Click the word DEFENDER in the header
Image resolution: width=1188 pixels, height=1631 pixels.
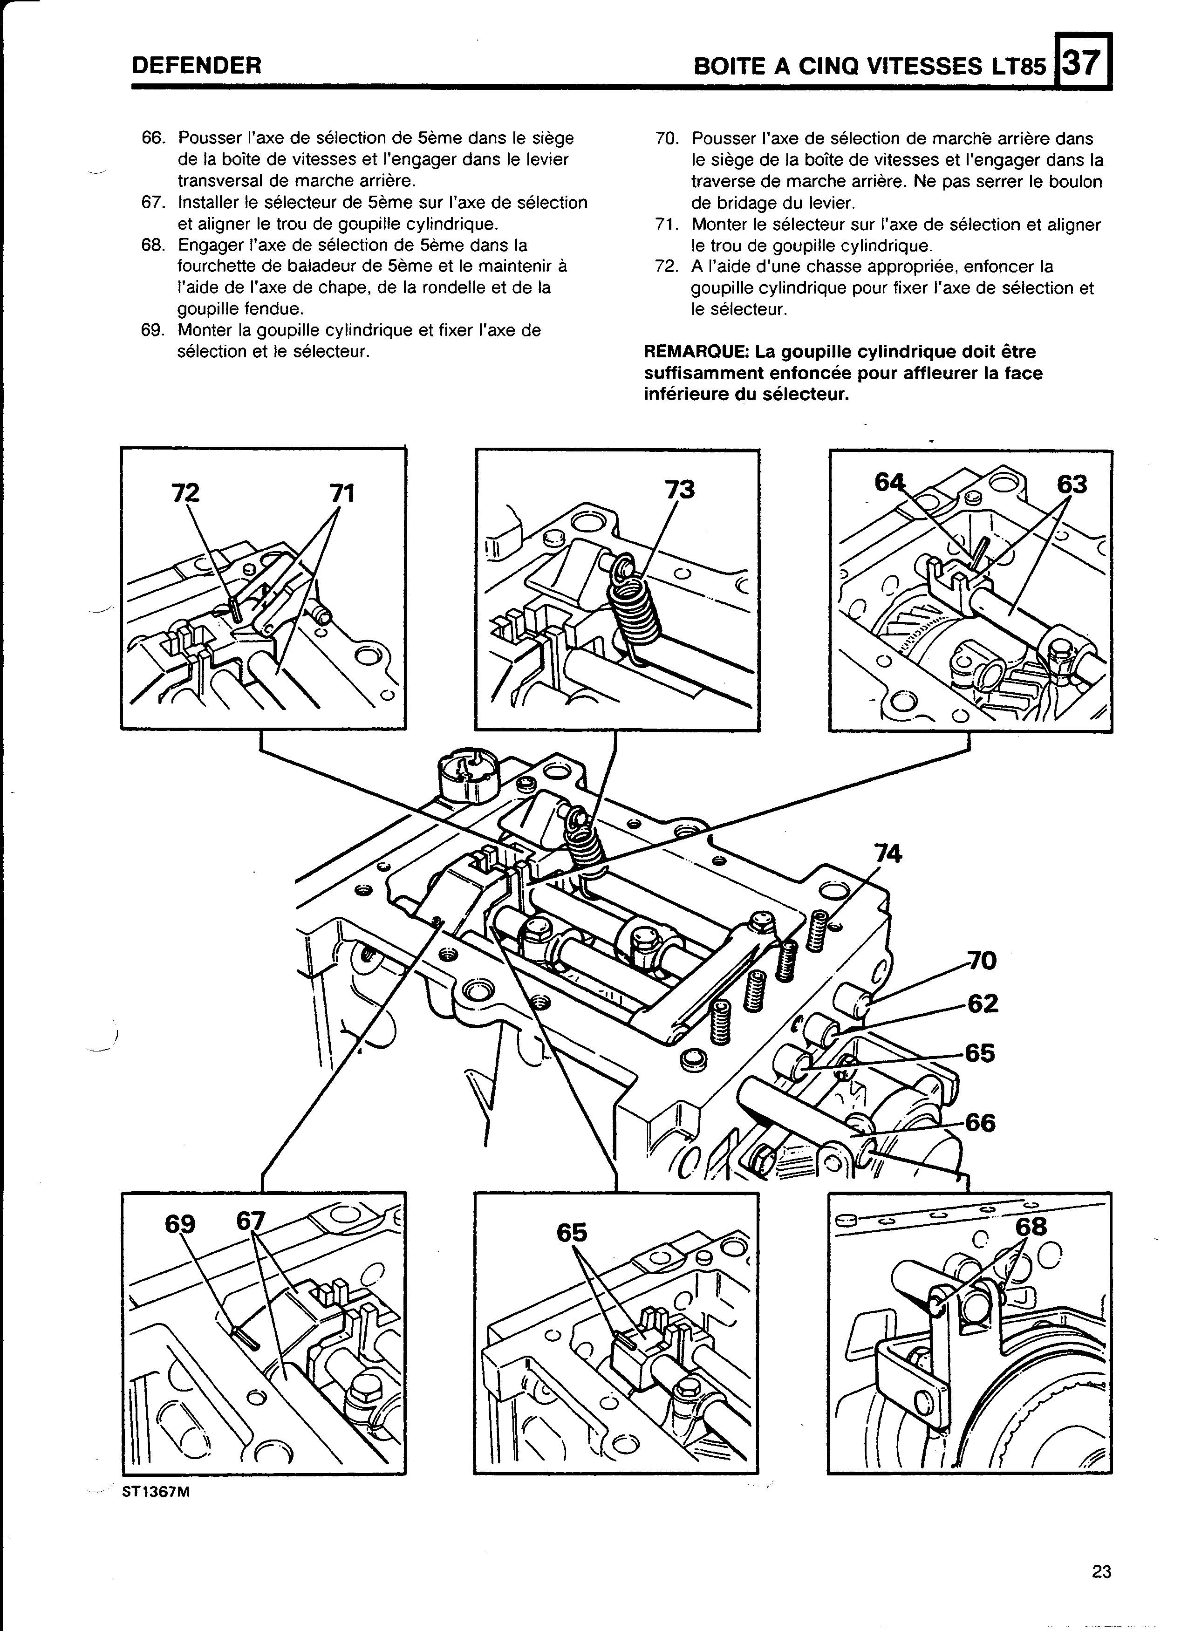(x=196, y=66)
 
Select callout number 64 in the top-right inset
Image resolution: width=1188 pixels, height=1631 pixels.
(x=889, y=483)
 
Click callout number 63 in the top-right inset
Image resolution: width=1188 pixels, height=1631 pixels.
(x=1072, y=485)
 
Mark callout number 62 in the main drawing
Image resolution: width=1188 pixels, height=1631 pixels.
(x=983, y=1004)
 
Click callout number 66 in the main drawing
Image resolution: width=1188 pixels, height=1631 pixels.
(x=981, y=1123)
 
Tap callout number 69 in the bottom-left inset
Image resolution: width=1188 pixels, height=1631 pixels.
(x=180, y=1224)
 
